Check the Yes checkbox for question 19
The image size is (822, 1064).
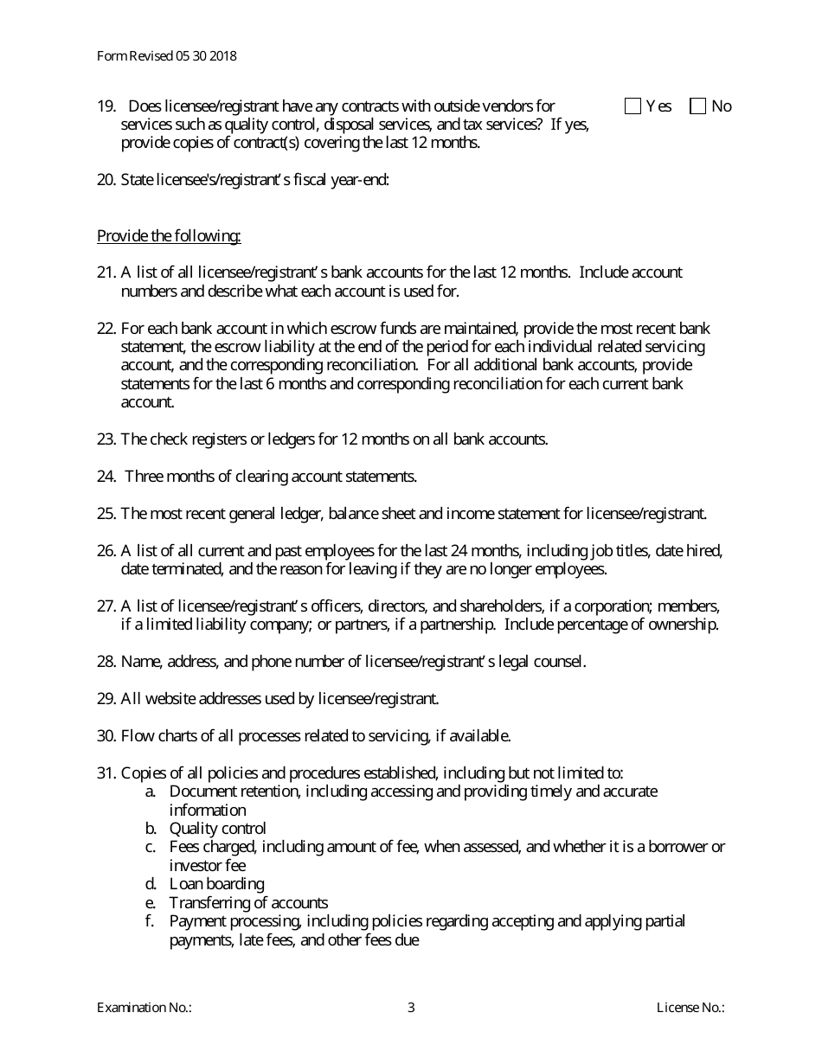tap(633, 106)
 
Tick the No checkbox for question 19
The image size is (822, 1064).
tap(698, 106)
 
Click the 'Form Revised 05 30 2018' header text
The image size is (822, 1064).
tap(167, 56)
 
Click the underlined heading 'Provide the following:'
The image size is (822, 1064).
tap(169, 236)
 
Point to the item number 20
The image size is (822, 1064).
tap(106, 180)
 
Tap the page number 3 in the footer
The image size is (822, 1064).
tap(411, 1007)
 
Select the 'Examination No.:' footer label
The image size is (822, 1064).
tap(144, 1007)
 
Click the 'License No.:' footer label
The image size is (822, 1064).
tap(690, 1007)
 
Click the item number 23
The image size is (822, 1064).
tap(106, 439)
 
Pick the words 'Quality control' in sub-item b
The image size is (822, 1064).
tap(217, 829)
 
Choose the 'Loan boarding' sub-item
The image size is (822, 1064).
tap(216, 884)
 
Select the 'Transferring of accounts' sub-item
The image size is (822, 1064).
tap(248, 903)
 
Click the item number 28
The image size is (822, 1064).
tap(106, 662)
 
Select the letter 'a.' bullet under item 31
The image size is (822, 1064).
tap(151, 792)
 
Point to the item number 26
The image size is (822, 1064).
tap(106, 551)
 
